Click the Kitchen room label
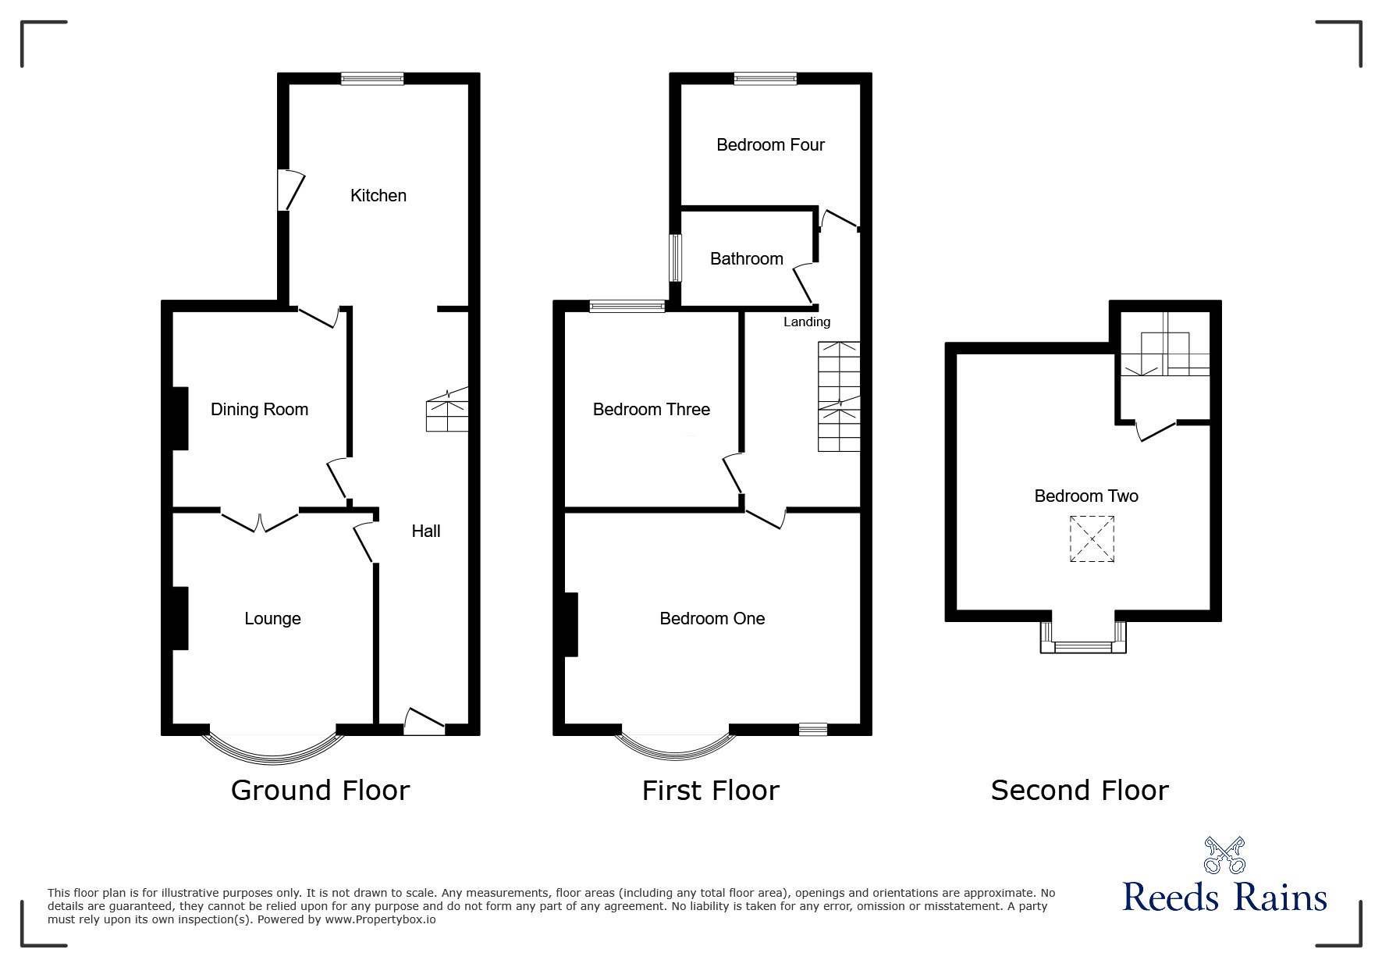(378, 195)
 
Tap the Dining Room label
(259, 409)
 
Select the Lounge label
(272, 618)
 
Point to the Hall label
(426, 531)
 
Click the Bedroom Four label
(770, 144)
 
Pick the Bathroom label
(746, 258)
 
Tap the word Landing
(807, 322)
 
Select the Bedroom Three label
(651, 409)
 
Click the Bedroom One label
(712, 618)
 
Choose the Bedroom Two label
(1085, 496)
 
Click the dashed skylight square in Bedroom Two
(1092, 539)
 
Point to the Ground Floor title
(320, 791)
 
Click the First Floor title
(710, 791)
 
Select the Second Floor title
(1079, 791)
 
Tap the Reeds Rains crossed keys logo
(1224, 855)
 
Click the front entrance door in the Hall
(424, 723)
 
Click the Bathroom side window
(676, 258)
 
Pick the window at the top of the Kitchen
(372, 78)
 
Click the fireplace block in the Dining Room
(179, 418)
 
